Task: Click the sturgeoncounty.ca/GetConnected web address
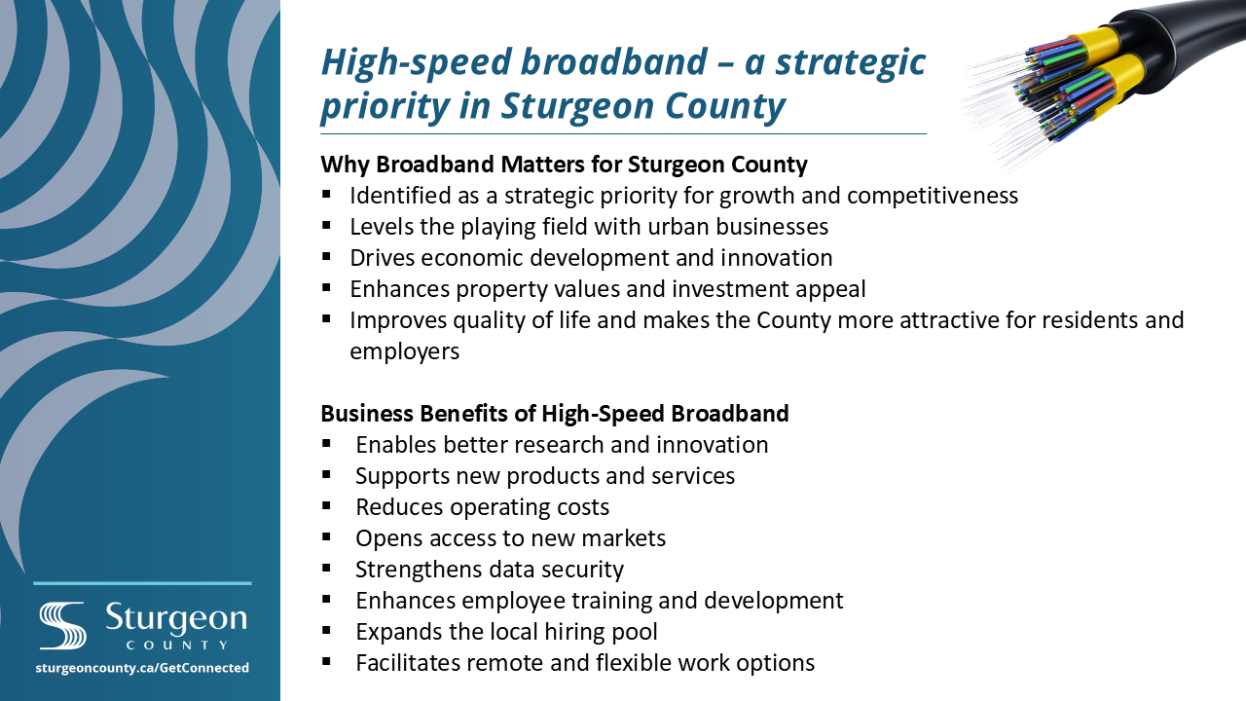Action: [x=142, y=668]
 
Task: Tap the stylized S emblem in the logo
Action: [x=62, y=625]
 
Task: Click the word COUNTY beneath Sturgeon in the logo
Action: [x=177, y=646]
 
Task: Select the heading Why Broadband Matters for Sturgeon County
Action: [x=564, y=165]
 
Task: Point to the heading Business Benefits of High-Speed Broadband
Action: [x=555, y=414]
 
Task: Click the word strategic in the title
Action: [x=850, y=62]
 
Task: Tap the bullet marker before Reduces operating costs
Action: [x=326, y=506]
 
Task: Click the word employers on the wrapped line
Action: [x=404, y=351]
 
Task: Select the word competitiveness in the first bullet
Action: [x=933, y=196]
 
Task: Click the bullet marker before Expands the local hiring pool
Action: [x=326, y=631]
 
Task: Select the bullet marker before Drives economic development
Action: [x=326, y=257]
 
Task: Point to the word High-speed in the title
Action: [x=416, y=62]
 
